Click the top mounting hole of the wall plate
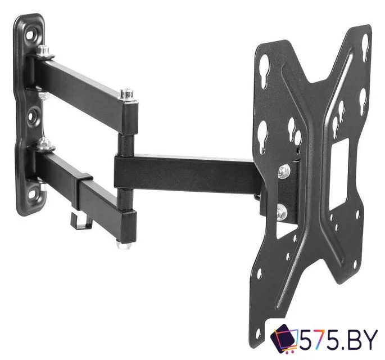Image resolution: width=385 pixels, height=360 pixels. [x=30, y=33]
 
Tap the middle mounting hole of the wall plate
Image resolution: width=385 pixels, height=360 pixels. [x=31, y=117]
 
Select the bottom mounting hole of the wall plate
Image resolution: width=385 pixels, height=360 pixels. [x=32, y=195]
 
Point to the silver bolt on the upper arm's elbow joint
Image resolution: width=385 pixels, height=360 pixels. [x=126, y=94]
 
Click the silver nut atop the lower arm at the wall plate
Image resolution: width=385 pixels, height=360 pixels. [x=45, y=144]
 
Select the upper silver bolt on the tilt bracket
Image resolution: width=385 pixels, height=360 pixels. [x=284, y=171]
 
